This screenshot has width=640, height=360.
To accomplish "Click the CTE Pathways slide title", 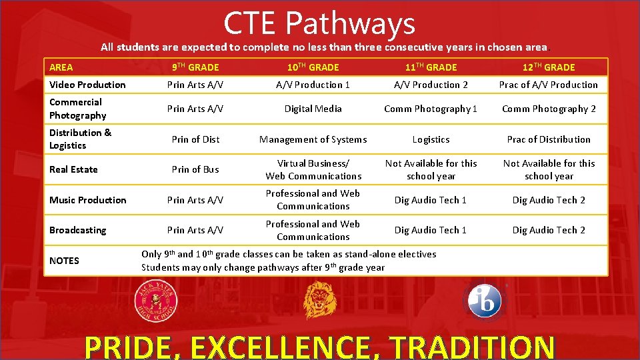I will [x=319, y=23].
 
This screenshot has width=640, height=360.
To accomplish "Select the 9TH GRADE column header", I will [x=195, y=67].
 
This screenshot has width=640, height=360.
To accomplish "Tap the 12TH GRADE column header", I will [x=549, y=67].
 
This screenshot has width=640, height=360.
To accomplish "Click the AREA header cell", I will [x=61, y=67].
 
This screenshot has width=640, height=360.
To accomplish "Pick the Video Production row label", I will [x=87, y=85].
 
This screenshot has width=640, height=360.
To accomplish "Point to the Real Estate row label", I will [x=73, y=169].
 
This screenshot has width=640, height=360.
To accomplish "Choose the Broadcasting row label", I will [x=77, y=230].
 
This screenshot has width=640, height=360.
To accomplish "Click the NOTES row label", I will [x=64, y=261].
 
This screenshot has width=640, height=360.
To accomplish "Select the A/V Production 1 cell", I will [x=313, y=85].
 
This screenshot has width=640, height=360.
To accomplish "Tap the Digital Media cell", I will [x=313, y=109].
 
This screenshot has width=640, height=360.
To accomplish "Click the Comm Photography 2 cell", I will [x=549, y=109].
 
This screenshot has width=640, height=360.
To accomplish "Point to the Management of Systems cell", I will [x=313, y=139].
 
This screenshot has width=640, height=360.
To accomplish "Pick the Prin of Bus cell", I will [x=195, y=169].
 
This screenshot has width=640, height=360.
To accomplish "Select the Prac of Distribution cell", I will [x=549, y=139].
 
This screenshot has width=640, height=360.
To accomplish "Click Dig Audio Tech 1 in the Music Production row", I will [x=431, y=200].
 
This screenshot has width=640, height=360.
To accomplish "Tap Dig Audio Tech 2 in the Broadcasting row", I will [x=549, y=230].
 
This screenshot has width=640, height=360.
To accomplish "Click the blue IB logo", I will [x=485, y=301].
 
